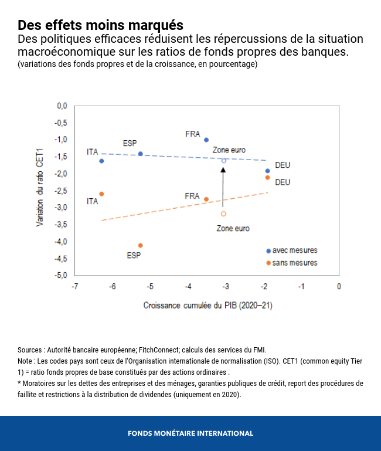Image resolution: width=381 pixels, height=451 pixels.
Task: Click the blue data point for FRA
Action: click(206, 140)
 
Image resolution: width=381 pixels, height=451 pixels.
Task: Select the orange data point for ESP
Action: click(140, 245)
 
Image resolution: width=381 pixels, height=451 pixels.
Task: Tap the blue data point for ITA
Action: click(101, 161)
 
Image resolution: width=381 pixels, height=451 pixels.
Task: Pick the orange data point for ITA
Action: click(101, 194)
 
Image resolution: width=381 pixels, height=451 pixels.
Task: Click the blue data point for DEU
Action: click(267, 171)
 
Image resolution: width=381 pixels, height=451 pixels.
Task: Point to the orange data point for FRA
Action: click(206, 199)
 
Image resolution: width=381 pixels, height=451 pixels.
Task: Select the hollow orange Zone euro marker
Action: click(223, 213)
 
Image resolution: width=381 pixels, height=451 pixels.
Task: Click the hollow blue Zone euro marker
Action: click(223, 160)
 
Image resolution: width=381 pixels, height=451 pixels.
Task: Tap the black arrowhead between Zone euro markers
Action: click(223, 169)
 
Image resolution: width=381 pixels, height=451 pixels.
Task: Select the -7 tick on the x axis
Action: click(74, 286)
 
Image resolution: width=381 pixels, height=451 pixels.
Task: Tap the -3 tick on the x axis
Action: click(226, 286)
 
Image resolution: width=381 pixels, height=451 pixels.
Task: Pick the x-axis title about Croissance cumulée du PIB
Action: click(207, 306)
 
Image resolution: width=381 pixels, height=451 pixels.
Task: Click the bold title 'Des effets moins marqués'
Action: click(100, 26)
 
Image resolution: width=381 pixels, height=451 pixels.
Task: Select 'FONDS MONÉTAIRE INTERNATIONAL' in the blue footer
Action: click(190, 433)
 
